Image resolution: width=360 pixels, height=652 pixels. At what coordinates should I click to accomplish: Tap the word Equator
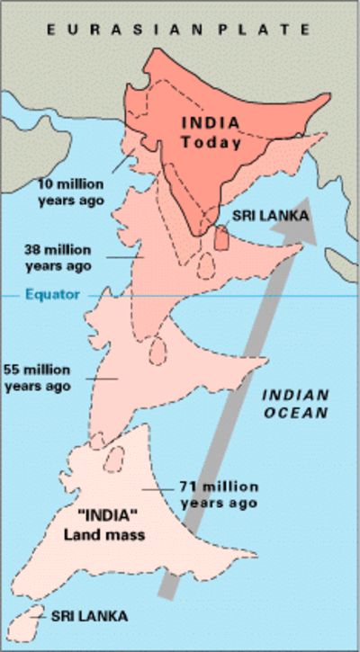[52, 295]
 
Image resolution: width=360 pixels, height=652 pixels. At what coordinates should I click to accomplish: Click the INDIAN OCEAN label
[296, 403]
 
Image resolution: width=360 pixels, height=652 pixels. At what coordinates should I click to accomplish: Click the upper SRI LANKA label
[270, 216]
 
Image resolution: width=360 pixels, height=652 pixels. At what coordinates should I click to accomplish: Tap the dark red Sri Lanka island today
[221, 237]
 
